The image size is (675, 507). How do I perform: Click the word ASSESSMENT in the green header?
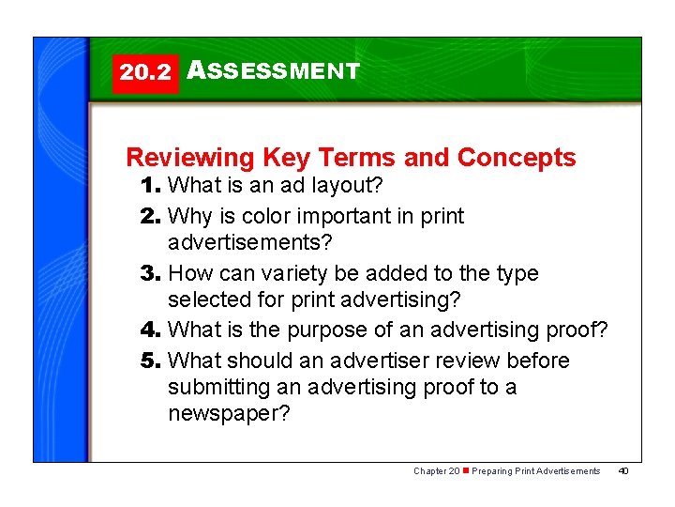[x=273, y=71]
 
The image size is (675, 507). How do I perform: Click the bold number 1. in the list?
[x=151, y=186]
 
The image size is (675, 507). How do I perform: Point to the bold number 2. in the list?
[x=151, y=216]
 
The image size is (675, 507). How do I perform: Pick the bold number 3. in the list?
[x=151, y=273]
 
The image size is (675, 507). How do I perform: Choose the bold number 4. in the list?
[x=151, y=330]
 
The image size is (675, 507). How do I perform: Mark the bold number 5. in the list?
[x=151, y=360]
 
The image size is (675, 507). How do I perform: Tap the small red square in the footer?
[x=466, y=470]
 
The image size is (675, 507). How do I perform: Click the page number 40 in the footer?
[x=623, y=470]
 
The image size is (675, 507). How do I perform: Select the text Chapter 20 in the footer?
[x=436, y=470]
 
